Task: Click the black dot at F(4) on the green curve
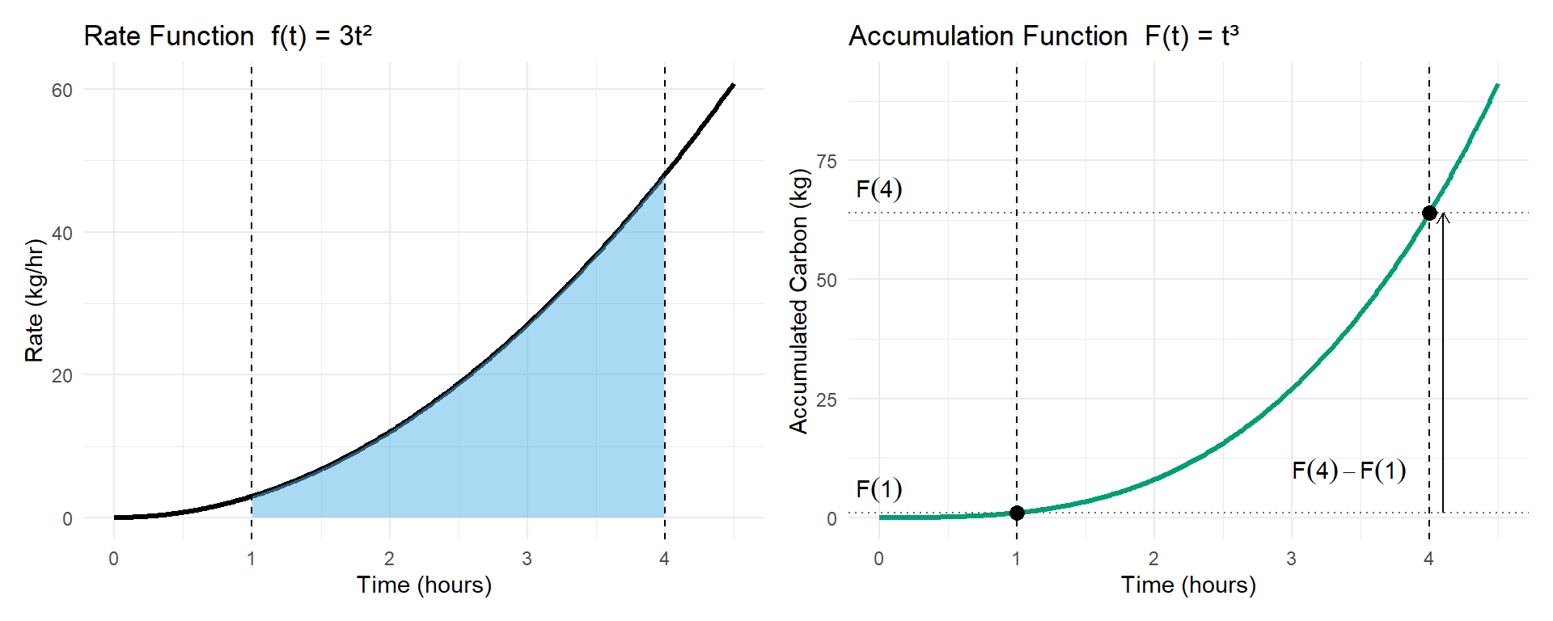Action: (1429, 213)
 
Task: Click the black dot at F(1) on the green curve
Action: (1017, 513)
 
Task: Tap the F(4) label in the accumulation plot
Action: (878, 189)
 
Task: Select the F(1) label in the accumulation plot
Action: (878, 489)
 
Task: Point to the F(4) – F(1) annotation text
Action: (1348, 471)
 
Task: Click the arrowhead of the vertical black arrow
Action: (1443, 217)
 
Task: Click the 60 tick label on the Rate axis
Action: (62, 91)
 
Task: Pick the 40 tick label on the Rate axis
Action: (62, 234)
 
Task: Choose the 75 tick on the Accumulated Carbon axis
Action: (827, 162)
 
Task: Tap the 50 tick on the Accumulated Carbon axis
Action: (827, 281)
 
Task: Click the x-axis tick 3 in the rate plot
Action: (527, 559)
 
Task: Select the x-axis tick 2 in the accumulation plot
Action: (1153, 559)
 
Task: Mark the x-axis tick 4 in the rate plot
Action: (664, 559)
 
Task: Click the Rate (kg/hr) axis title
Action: (34, 301)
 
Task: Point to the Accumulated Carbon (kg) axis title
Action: (798, 301)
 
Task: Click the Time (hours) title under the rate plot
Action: (424, 585)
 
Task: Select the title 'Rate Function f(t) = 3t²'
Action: (228, 36)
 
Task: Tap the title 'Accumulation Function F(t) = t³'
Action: (1043, 36)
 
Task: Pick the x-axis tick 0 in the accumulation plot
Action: (879, 559)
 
